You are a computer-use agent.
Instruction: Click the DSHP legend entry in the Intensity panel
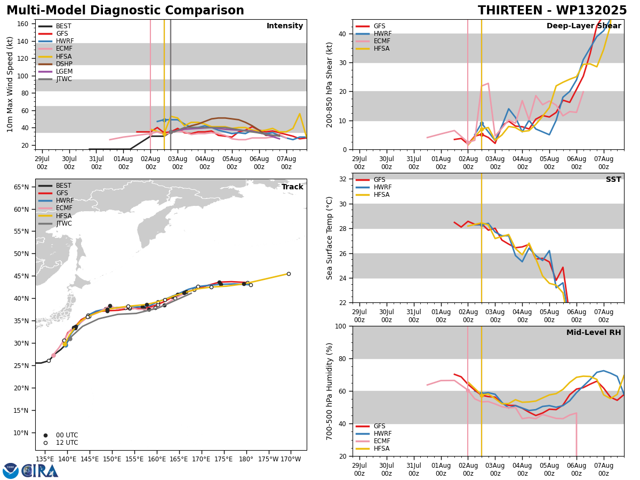[x=55, y=64]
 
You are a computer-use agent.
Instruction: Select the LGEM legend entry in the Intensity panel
[x=55, y=71]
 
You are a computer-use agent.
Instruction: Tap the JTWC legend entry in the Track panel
[x=55, y=223]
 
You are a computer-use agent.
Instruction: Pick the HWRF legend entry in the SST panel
[x=373, y=187]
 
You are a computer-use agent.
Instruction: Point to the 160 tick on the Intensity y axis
[x=22, y=24]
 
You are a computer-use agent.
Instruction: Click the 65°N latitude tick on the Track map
[x=21, y=187]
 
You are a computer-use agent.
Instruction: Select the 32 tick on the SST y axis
[x=343, y=179]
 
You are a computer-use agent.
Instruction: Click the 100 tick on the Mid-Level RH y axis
[x=341, y=326]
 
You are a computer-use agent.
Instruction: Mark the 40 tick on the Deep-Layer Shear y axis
[x=342, y=34]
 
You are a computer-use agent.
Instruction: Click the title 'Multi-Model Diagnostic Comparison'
[x=125, y=11]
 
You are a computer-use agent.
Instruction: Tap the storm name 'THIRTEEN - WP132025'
[x=552, y=11]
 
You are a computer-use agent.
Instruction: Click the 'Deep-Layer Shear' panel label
[x=583, y=26]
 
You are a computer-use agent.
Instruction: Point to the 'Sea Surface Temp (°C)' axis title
[x=329, y=238]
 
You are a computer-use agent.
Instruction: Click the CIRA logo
[x=30, y=471]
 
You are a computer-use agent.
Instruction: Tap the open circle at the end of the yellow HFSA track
[x=289, y=274]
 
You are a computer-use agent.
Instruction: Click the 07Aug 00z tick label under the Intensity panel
[x=286, y=163]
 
